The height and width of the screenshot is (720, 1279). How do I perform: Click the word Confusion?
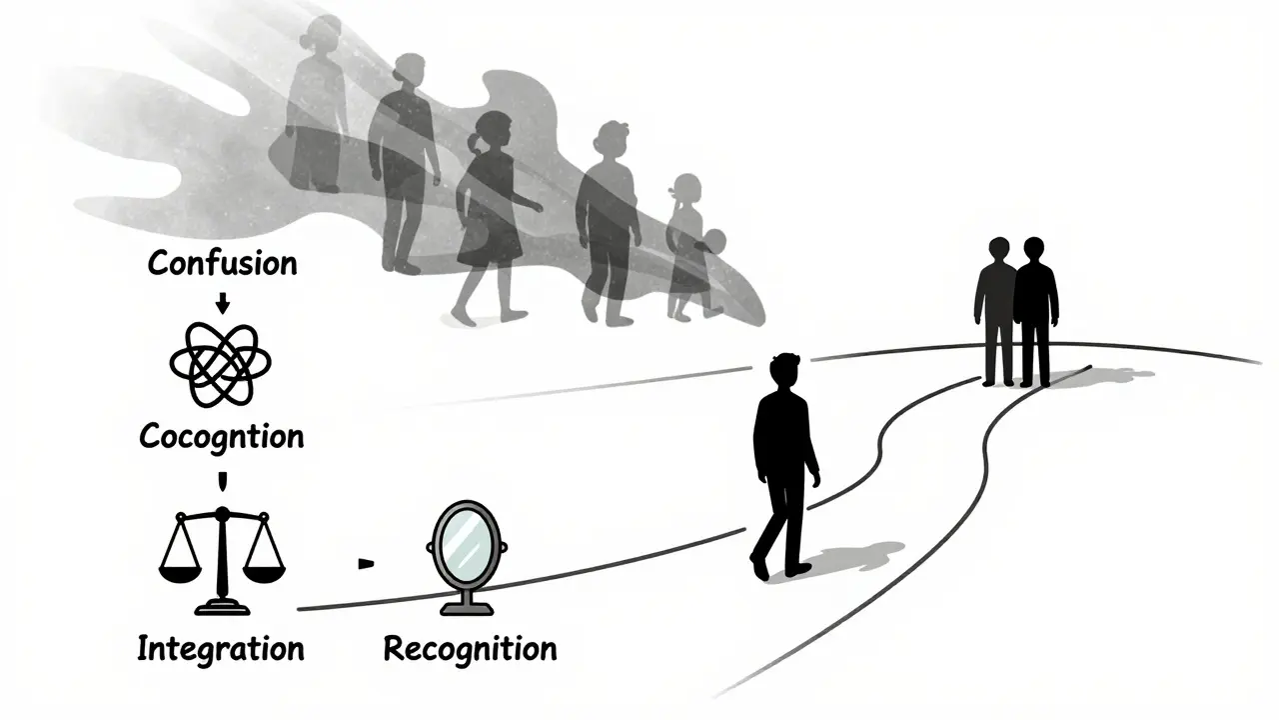[x=222, y=264]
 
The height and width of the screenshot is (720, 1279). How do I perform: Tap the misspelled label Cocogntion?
[x=222, y=436]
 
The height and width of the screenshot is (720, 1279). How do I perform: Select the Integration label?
[x=220, y=648]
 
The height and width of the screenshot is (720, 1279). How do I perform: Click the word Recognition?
[x=470, y=648]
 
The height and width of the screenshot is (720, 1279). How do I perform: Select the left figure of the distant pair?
[x=996, y=310]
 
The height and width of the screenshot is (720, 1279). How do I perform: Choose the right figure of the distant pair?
[x=1035, y=310]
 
